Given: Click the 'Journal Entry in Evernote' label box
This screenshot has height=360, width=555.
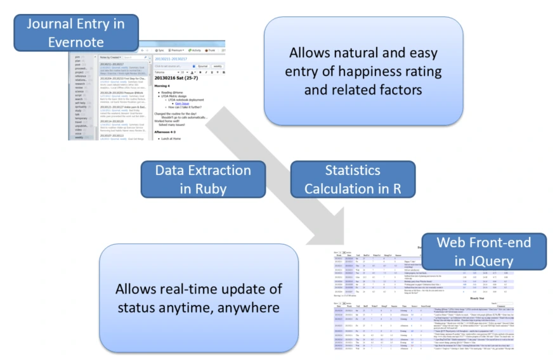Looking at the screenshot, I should [75, 33].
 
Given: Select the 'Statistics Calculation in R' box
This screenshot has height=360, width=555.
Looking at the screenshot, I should [352, 179].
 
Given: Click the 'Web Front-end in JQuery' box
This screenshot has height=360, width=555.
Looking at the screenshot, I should [484, 252].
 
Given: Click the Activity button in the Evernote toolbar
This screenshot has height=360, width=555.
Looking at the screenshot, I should [195, 50].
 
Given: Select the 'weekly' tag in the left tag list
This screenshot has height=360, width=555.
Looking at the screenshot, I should [79, 137].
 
